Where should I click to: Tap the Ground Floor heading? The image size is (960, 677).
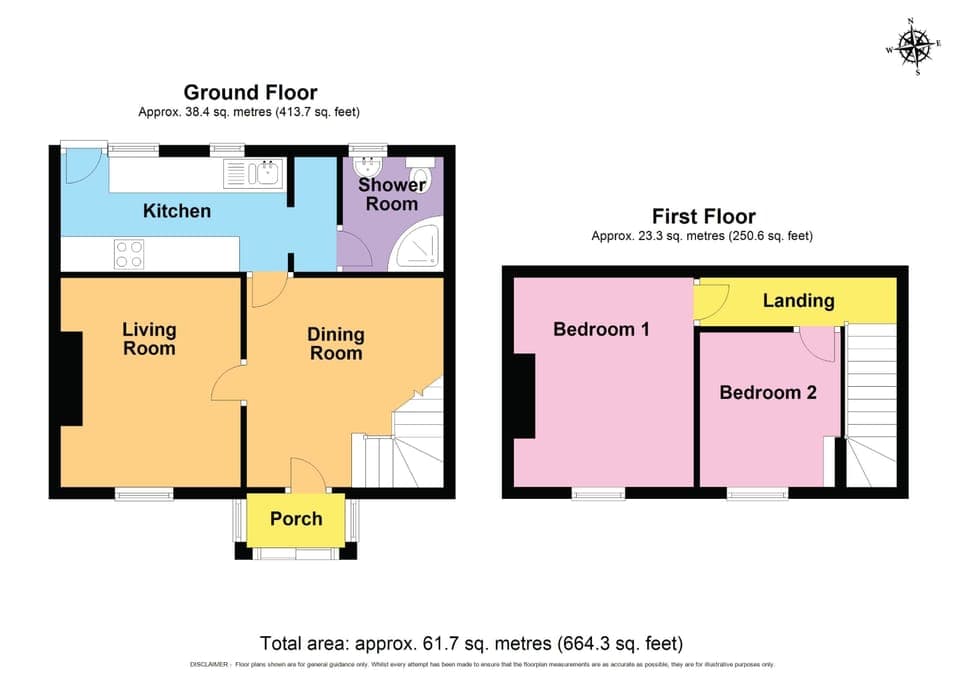(250, 93)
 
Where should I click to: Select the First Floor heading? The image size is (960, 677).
(703, 216)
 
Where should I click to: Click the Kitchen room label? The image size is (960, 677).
(177, 211)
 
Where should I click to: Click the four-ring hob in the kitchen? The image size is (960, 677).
(128, 254)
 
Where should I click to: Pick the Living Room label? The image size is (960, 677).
(149, 339)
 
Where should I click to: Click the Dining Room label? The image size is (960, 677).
(335, 344)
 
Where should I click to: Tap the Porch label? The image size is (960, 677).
(296, 519)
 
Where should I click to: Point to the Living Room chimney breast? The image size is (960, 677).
(71, 378)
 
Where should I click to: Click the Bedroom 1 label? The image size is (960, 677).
(600, 329)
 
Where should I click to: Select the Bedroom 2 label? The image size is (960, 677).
(768, 393)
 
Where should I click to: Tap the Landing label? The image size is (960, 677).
(798, 301)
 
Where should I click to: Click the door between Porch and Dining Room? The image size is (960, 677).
(303, 475)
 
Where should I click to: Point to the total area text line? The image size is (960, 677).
(471, 643)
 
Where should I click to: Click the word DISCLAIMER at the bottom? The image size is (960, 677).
(207, 665)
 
